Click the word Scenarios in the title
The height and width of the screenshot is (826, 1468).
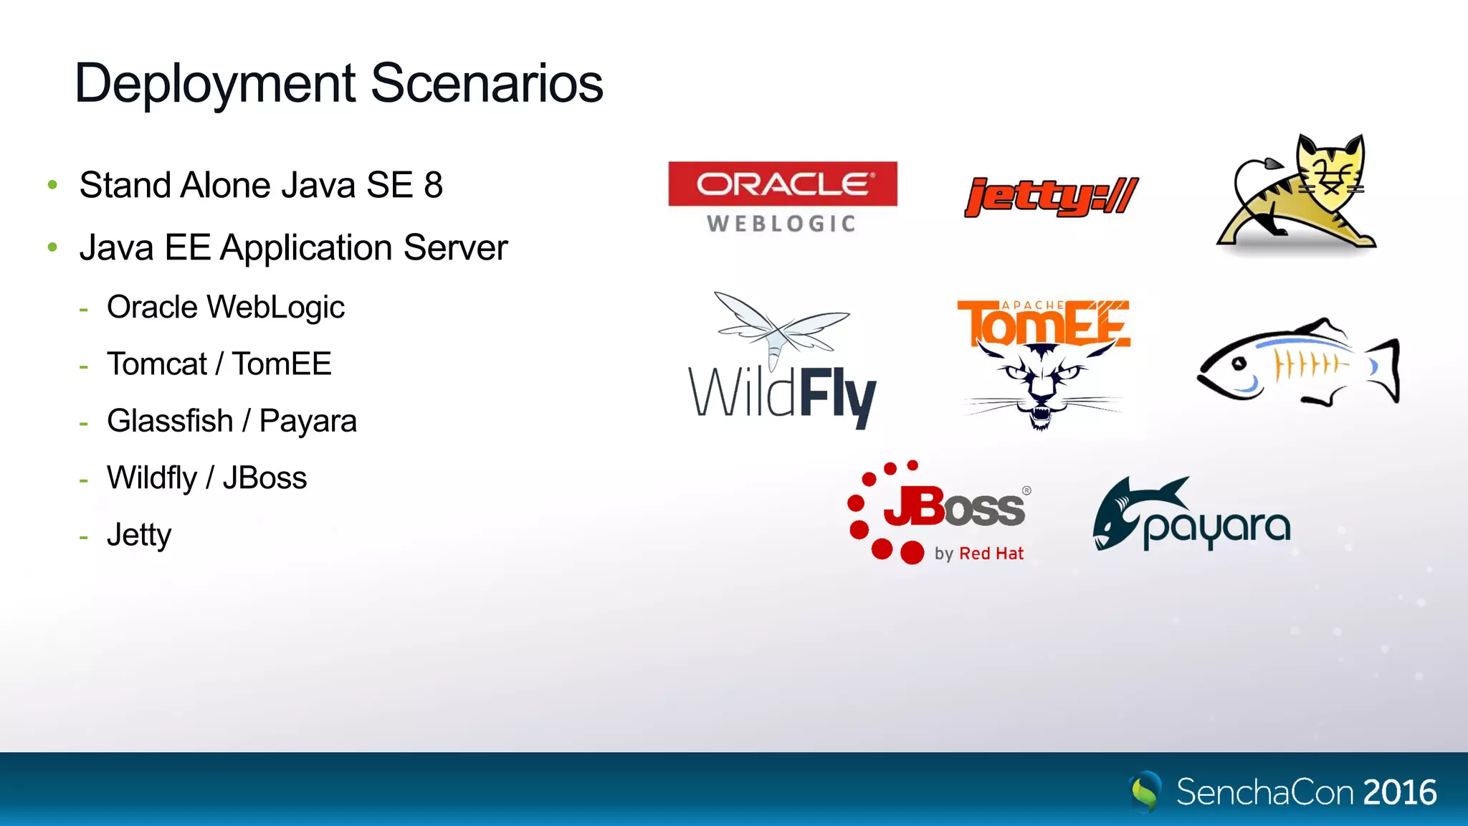487,84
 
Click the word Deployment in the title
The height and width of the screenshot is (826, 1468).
215,84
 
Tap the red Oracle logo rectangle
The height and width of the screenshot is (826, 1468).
782,184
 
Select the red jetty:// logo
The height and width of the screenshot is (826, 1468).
1051,196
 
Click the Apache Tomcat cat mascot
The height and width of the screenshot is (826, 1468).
1297,194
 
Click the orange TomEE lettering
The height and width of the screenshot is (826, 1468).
1043,325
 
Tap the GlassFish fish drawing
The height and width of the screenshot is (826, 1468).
1297,362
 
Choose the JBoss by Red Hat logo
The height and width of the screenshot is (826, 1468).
939,513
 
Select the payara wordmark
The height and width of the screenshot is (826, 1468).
1216,528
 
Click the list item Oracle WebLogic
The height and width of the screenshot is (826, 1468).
225,308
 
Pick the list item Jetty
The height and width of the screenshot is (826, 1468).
139,535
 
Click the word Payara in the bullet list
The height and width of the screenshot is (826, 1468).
308,422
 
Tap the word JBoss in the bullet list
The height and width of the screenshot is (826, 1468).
264,478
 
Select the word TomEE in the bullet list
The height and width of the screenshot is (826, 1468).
281,364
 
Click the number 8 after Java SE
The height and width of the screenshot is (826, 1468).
433,186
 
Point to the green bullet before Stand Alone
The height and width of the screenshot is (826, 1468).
52,185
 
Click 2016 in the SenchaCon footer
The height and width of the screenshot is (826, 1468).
1399,793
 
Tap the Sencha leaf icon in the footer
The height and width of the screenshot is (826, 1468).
1145,792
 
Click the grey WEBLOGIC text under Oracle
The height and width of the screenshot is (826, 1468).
781,224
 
